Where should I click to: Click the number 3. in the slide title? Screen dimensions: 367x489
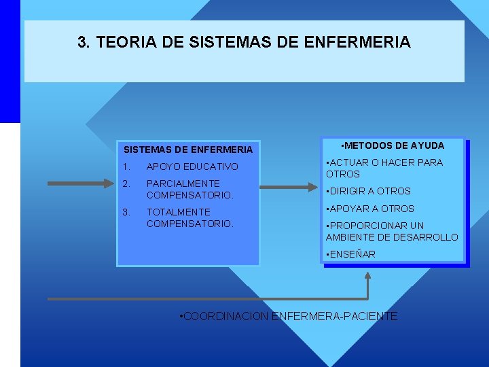84,43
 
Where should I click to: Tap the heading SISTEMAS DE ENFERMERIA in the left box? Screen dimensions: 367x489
187,150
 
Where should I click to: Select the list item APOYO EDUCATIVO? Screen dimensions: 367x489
192,167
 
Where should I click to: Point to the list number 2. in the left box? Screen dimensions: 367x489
125,183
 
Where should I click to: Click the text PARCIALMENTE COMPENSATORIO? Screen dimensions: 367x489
189,189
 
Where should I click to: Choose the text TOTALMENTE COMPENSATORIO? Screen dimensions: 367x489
189,217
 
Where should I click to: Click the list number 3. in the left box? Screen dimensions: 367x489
125,212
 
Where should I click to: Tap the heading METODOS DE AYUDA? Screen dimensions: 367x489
393,145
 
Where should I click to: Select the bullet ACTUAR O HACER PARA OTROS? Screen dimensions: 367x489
384,168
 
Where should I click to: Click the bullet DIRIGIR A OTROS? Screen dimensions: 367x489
369,191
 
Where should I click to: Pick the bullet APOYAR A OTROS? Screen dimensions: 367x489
370,209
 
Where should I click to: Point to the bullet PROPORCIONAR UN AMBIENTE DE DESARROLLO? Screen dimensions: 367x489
392,231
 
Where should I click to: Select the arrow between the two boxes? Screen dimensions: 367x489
289,188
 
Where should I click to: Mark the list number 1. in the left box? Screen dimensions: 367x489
125,167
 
